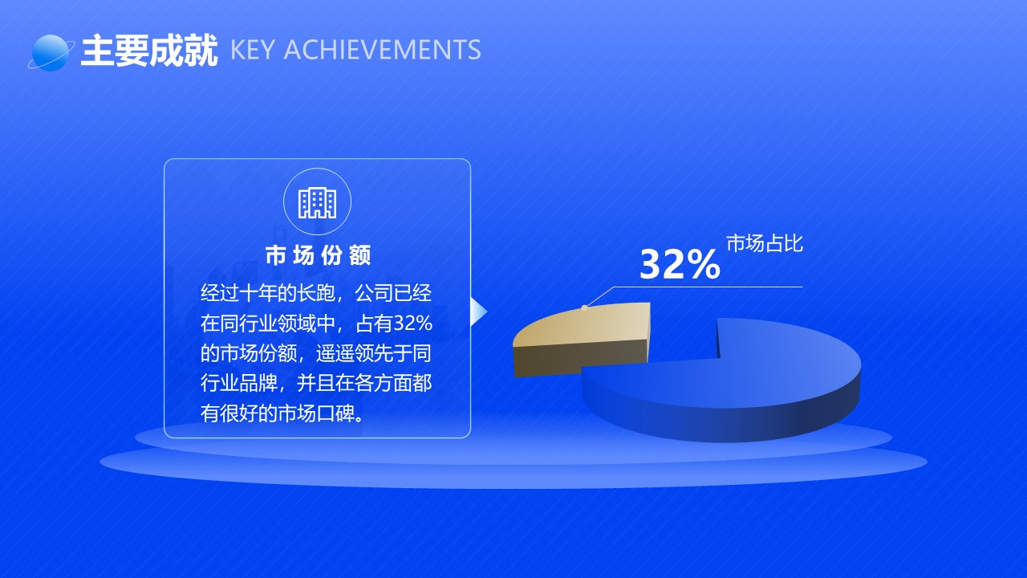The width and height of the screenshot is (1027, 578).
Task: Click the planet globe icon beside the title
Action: pyautogui.click(x=51, y=53)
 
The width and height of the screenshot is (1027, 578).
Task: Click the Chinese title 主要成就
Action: pyautogui.click(x=149, y=51)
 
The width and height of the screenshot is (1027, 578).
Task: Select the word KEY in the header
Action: pyautogui.click(x=252, y=50)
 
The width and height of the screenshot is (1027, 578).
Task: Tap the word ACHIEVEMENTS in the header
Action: pyautogui.click(x=383, y=50)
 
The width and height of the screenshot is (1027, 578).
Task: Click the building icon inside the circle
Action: pyautogui.click(x=317, y=202)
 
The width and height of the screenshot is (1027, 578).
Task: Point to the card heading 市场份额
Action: pyautogui.click(x=318, y=255)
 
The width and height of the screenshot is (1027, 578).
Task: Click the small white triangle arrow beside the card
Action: pyautogui.click(x=479, y=312)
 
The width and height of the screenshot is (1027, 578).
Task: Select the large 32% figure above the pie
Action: pyautogui.click(x=680, y=264)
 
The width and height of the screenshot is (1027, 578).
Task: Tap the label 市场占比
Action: pyautogui.click(x=765, y=243)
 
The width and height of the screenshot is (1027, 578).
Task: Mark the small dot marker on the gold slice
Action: pyautogui.click(x=585, y=307)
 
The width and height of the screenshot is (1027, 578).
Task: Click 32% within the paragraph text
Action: pyautogui.click(x=412, y=324)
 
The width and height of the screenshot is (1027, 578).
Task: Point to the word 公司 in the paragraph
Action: pyautogui.click(x=374, y=293)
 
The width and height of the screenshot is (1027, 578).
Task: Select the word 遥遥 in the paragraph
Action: pyautogui.click(x=335, y=354)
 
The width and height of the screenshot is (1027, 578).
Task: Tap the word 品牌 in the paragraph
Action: pyautogui.click(x=258, y=384)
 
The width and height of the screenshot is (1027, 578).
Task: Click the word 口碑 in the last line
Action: pyautogui.click(x=335, y=413)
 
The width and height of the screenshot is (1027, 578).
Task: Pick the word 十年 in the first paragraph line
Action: pyautogui.click(x=258, y=293)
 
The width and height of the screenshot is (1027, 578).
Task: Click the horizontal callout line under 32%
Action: pyautogui.click(x=708, y=287)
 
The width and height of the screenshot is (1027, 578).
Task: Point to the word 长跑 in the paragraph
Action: pyautogui.click(x=316, y=293)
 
